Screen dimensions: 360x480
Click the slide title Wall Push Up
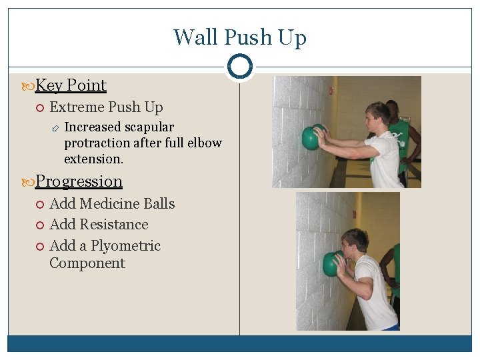coord(239,37)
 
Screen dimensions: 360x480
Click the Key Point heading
coord(71,85)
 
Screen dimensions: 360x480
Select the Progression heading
coord(79,181)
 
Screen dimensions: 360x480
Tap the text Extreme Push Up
coord(106,107)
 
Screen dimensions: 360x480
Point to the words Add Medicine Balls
coord(112,204)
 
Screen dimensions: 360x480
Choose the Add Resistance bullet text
coord(99,225)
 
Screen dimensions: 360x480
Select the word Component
coord(87,263)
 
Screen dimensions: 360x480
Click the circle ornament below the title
coord(239,67)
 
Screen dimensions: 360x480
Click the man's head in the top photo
coord(377,116)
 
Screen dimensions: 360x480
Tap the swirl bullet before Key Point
coord(27,86)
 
